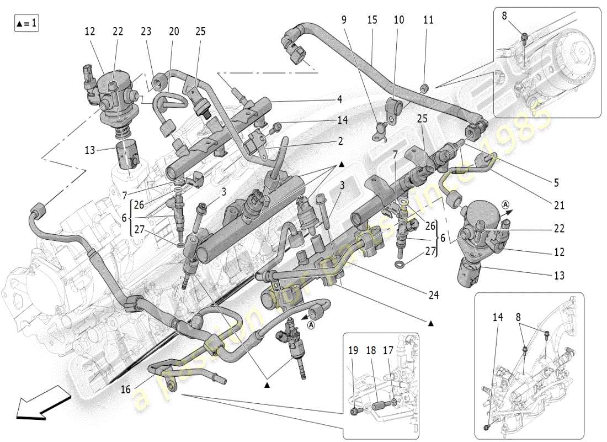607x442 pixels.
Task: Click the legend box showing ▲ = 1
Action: [x=26, y=24]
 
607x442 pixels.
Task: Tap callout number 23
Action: [x=146, y=32]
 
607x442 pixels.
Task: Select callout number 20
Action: [x=174, y=32]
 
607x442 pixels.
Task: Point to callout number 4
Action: [x=340, y=99]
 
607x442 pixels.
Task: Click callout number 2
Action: [x=340, y=141]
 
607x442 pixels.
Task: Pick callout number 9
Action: [x=344, y=20]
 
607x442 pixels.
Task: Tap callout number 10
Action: [x=398, y=20]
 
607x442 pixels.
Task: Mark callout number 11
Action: [x=428, y=20]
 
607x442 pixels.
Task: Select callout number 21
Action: [x=559, y=206]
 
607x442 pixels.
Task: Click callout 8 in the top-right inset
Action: [x=504, y=16]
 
